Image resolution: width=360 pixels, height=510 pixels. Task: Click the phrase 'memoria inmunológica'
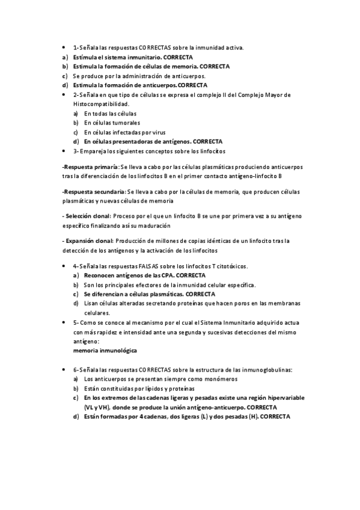(105, 350)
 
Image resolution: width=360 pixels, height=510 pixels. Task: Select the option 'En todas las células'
(110, 113)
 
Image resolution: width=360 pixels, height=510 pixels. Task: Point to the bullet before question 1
(64, 47)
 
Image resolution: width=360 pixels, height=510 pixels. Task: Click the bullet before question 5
(64, 322)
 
